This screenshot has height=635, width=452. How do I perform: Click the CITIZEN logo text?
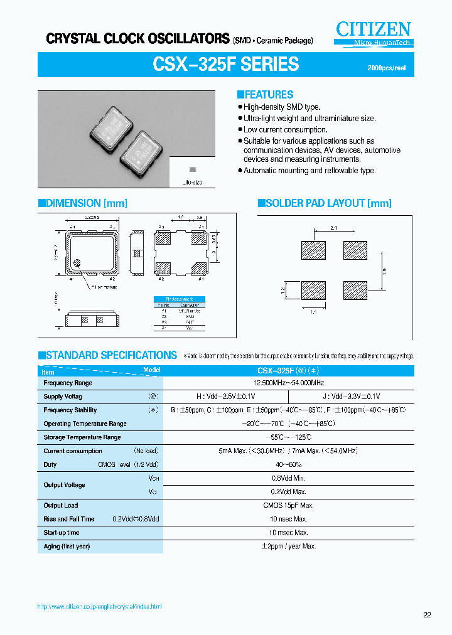pyautogui.click(x=373, y=29)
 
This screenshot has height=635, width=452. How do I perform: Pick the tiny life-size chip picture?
pyautogui.click(x=193, y=170)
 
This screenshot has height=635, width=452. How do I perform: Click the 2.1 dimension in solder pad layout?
pyautogui.click(x=335, y=229)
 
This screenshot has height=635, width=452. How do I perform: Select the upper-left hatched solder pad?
pyautogui.click(x=313, y=250)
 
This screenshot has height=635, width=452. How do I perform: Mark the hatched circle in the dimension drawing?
pyautogui.click(x=77, y=264)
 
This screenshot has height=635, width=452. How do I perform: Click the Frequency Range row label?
pyautogui.click(x=68, y=383)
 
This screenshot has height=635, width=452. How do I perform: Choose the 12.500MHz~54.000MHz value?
pyautogui.click(x=289, y=383)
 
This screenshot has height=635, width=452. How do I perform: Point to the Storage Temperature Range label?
pyautogui.click(x=82, y=437)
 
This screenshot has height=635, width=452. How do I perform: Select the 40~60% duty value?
pyautogui.click(x=289, y=464)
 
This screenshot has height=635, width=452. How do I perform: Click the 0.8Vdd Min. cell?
pyautogui.click(x=289, y=478)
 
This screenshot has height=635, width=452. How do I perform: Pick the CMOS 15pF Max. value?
pyautogui.click(x=289, y=505)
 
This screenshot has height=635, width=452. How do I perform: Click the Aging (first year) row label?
pyautogui.click(x=67, y=546)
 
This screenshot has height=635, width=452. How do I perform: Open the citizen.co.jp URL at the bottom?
pyautogui.click(x=99, y=607)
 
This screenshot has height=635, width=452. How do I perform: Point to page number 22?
pyautogui.click(x=427, y=615)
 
